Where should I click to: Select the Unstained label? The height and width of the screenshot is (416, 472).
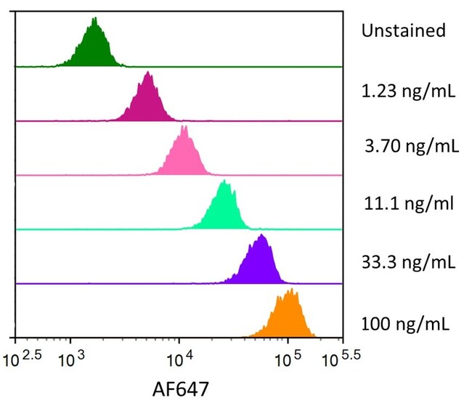(403, 30)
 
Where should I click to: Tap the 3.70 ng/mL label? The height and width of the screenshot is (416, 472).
(412, 147)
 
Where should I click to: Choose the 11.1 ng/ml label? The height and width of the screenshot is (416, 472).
(409, 203)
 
